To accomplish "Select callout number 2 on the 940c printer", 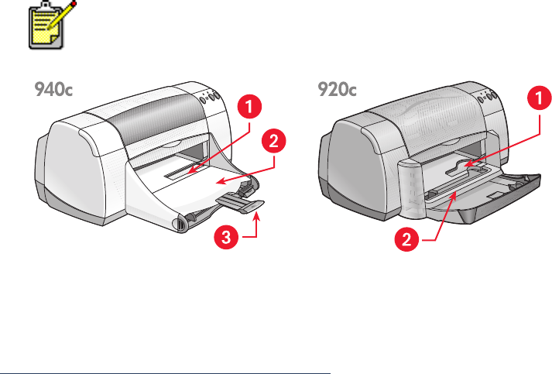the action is pos(272,141).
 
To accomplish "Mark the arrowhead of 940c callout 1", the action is pos(189,165).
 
